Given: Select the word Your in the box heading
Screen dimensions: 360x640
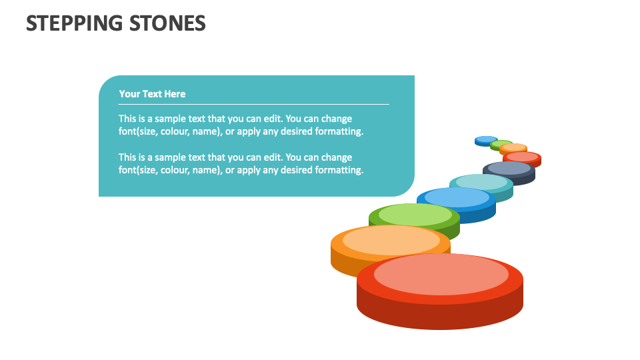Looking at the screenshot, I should (129, 94).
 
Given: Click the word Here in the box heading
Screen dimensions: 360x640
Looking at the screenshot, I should (174, 94).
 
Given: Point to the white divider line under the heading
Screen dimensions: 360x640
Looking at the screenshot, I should (253, 104).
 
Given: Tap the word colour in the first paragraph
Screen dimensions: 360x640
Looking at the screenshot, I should (172, 131).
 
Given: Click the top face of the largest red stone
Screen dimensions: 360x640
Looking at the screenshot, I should (441, 274).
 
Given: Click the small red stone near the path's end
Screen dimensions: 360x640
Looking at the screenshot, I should (522, 157).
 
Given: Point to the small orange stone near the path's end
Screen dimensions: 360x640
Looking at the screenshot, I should (513, 148).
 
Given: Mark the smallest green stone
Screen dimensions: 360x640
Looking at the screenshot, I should (501, 143).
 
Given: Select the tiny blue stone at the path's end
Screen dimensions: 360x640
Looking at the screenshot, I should (486, 140).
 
